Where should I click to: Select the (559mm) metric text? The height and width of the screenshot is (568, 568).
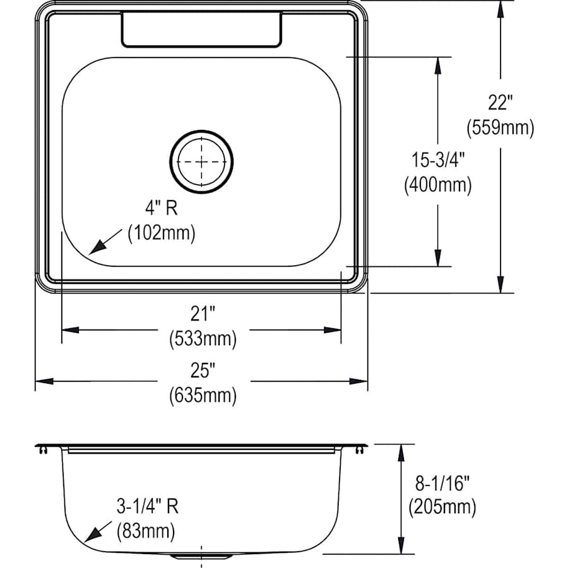(x=500, y=128)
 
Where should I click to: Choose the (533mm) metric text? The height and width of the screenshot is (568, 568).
(x=203, y=339)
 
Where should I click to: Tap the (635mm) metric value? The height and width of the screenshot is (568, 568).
(x=203, y=396)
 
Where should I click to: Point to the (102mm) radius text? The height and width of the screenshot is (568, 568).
(x=162, y=233)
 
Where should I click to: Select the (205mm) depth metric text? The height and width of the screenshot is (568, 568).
(x=442, y=507)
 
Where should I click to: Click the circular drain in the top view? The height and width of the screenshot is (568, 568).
(x=201, y=161)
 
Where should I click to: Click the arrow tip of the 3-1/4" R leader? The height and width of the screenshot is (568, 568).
(x=86, y=541)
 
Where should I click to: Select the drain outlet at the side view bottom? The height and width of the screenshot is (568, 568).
(x=201, y=557)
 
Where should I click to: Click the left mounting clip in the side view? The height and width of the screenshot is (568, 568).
(x=42, y=450)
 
